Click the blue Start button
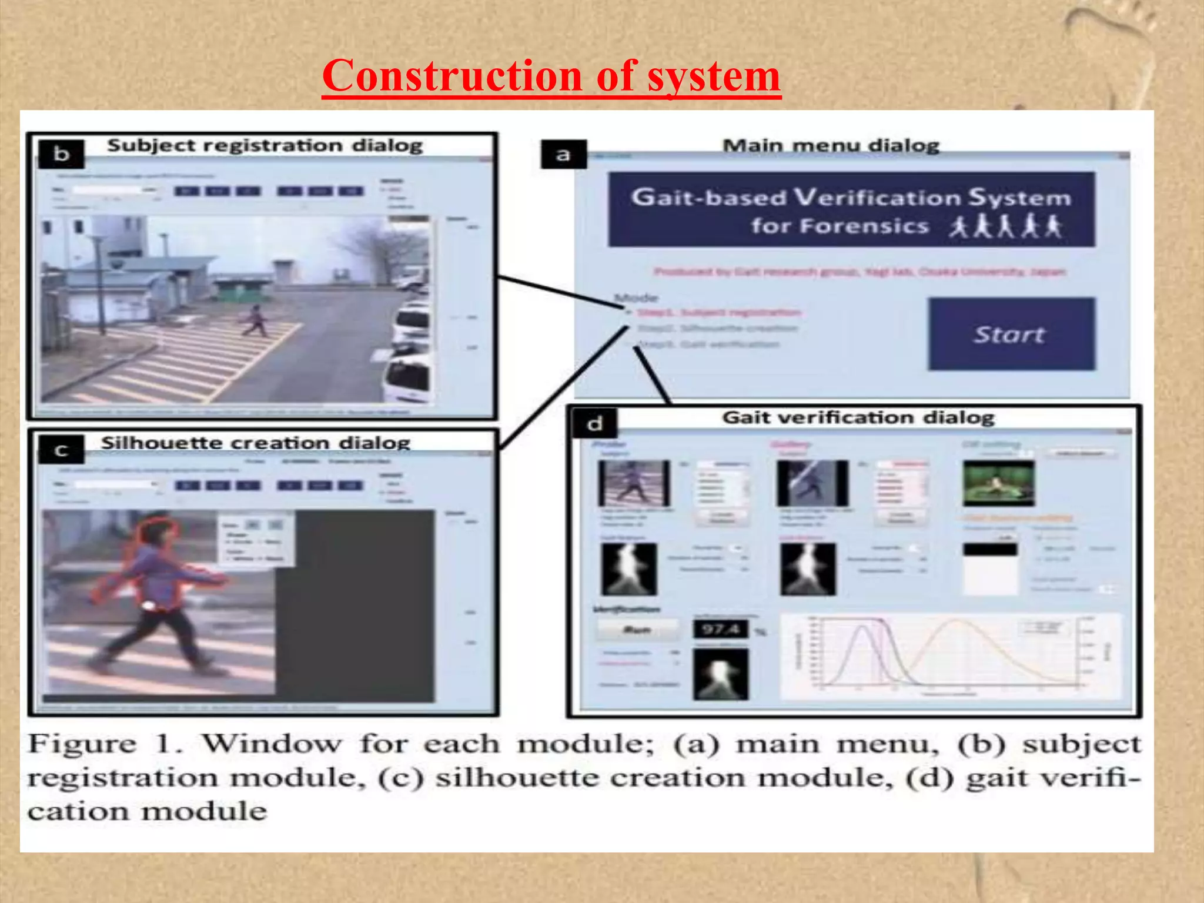point(1011,334)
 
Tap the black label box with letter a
point(563,155)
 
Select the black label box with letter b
point(61,154)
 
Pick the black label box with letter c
point(61,451)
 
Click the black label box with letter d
point(594,423)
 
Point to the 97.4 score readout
point(721,630)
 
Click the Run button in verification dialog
point(637,630)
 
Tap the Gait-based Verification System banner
point(851,209)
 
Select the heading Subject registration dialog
point(265,145)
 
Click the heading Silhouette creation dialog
point(255,442)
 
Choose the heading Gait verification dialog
point(858,417)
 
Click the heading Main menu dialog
point(831,145)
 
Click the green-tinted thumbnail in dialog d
point(998,483)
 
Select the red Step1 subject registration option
point(718,312)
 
